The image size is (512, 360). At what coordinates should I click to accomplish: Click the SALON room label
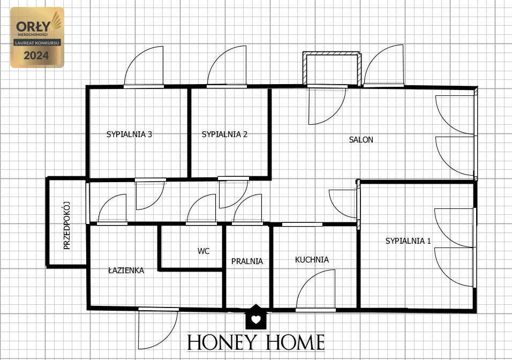[x=361, y=140]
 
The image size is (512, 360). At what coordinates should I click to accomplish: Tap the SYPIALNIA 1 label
[x=408, y=241]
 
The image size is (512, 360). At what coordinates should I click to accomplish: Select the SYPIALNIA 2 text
[x=224, y=134]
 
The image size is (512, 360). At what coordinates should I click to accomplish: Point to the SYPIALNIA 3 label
[x=129, y=134]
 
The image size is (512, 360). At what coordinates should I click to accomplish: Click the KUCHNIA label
[x=312, y=260]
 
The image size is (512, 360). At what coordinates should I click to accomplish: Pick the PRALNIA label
[x=247, y=261]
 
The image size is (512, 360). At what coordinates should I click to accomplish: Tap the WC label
[x=204, y=251]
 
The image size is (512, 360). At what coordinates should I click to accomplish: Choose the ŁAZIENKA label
[x=126, y=270]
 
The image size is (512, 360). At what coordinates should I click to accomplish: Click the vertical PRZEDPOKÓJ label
[x=67, y=226]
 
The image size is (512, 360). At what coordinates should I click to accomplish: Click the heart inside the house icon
[x=256, y=319]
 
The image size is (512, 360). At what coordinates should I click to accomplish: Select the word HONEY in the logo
[x=221, y=342]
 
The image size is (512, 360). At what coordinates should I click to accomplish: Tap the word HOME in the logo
[x=295, y=342]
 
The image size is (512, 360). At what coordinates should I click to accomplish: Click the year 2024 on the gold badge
[x=36, y=56]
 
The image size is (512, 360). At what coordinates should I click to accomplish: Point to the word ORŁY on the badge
[x=33, y=26]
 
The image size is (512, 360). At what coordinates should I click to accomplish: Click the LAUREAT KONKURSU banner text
[x=37, y=43]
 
